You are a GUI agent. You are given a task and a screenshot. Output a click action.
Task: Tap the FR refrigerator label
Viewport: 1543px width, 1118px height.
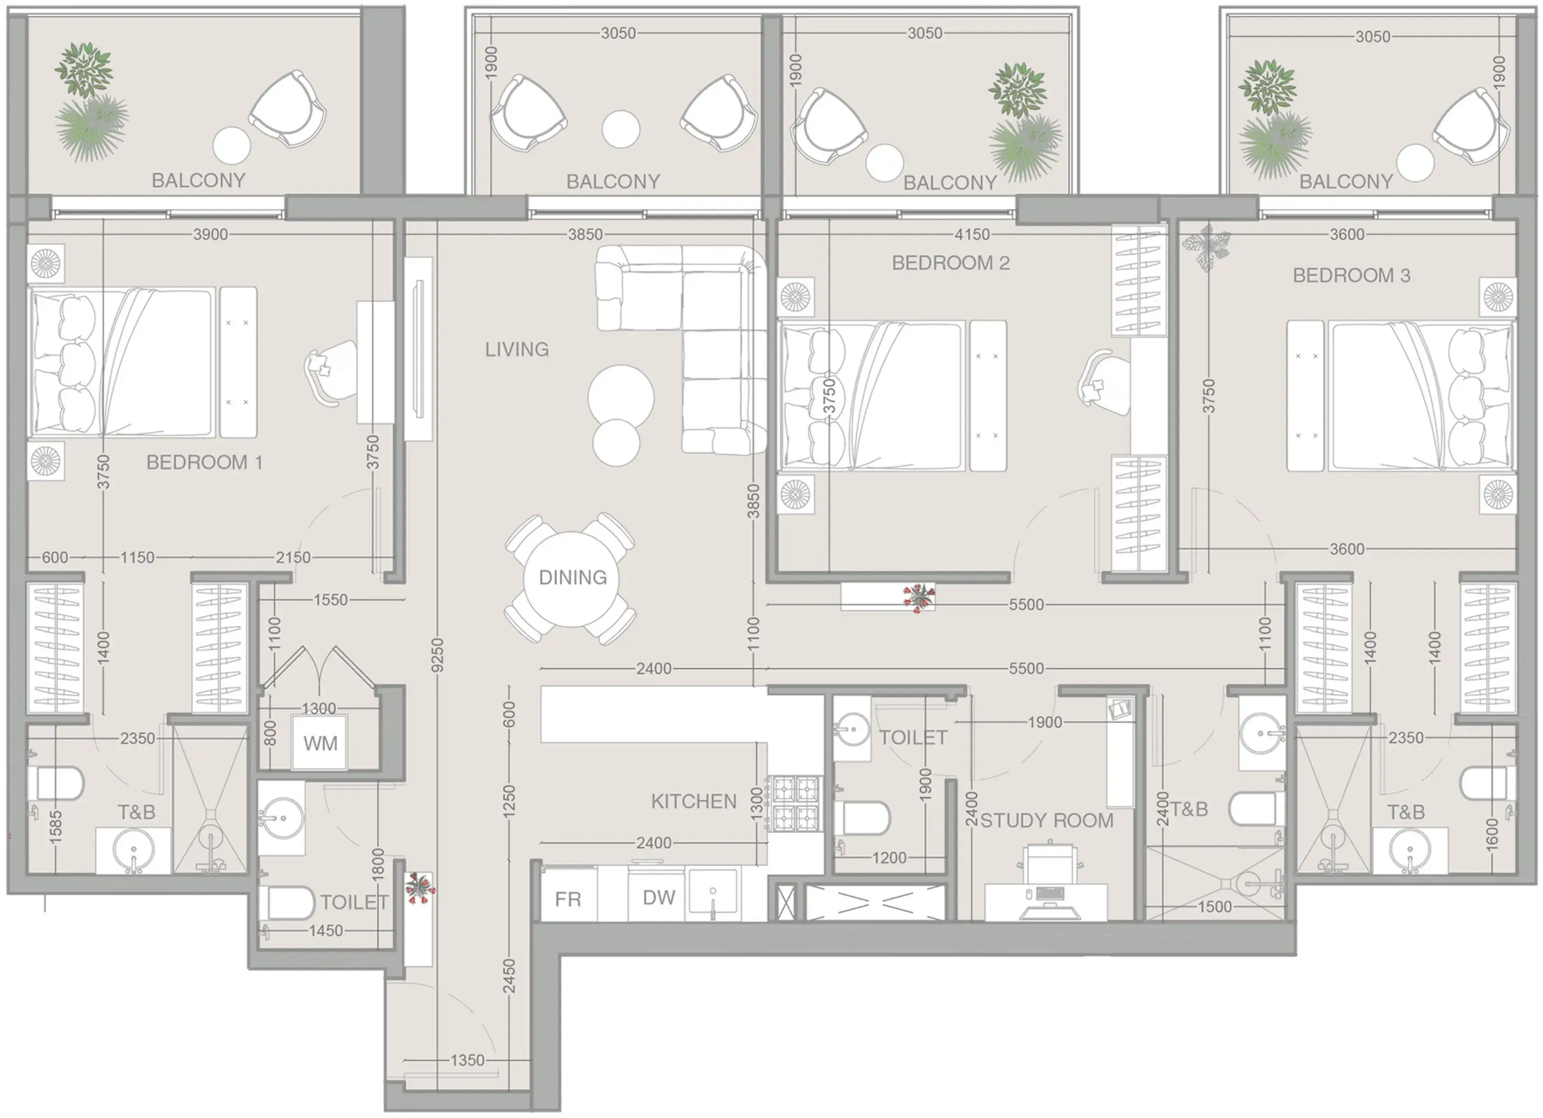[568, 900]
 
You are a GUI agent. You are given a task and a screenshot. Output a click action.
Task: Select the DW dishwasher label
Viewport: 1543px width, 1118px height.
[659, 898]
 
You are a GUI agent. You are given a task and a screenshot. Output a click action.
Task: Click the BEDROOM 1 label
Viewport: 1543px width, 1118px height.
[204, 462]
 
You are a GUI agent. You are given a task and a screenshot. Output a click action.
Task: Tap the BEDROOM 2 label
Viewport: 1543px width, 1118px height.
[951, 262]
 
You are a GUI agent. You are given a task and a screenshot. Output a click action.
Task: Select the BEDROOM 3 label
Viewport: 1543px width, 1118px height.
[1351, 276]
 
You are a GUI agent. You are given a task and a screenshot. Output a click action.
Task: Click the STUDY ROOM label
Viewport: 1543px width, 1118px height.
[1046, 820]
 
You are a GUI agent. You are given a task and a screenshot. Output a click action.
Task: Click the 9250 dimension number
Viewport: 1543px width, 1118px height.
[438, 656]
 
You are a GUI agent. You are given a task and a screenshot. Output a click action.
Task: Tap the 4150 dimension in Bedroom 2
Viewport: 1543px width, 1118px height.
[972, 235]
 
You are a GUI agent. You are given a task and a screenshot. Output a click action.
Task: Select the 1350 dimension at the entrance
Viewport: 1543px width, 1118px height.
[468, 1060]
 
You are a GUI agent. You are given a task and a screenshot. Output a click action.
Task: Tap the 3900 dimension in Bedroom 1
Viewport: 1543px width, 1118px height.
[210, 235]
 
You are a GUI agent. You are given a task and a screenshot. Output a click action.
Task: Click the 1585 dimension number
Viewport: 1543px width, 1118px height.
[56, 827]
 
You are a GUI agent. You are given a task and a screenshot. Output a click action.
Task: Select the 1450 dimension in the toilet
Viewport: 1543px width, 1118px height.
[326, 930]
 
